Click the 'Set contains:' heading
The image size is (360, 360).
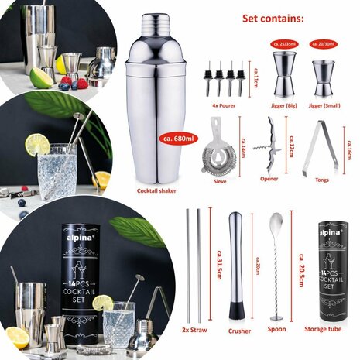pyautogui.click(x=273, y=18)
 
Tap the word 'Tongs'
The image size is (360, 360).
pyautogui.click(x=324, y=180)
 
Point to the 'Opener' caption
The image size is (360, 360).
pyautogui.click(x=269, y=180)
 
